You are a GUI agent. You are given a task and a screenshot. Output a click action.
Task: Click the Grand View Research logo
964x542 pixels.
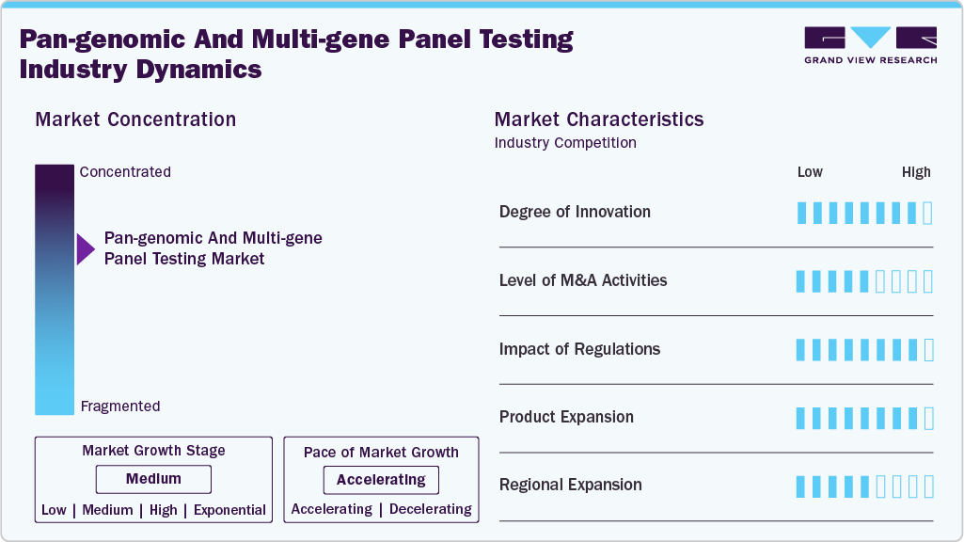pyautogui.click(x=870, y=44)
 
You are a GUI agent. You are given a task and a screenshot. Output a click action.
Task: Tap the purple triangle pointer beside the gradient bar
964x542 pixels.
pyautogui.click(x=86, y=249)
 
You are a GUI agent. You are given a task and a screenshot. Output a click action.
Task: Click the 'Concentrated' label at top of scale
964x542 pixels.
pyautogui.click(x=125, y=172)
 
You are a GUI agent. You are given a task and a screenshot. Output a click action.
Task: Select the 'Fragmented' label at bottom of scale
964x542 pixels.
pyautogui.click(x=120, y=406)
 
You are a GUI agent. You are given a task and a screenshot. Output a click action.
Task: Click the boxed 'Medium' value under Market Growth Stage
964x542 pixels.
pyautogui.click(x=153, y=479)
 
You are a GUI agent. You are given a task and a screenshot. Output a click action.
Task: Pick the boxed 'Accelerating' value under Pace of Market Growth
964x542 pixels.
pyautogui.click(x=381, y=480)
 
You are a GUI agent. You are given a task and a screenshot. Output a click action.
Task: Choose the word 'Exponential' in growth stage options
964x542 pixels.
pyautogui.click(x=229, y=510)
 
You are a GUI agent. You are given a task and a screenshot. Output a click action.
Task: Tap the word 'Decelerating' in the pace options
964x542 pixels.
pyautogui.click(x=430, y=509)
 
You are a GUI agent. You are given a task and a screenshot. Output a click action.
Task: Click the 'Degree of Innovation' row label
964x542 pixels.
pyautogui.click(x=575, y=212)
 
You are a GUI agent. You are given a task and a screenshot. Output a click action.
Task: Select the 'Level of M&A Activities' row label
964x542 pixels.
pyautogui.click(x=583, y=280)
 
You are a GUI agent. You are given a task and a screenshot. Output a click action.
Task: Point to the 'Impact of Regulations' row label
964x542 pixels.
pyautogui.click(x=579, y=349)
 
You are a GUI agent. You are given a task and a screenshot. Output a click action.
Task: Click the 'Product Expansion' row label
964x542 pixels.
pyautogui.click(x=566, y=417)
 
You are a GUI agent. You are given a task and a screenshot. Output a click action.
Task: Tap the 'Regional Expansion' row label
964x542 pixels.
pyautogui.click(x=571, y=485)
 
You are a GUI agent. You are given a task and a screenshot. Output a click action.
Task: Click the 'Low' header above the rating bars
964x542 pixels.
pyautogui.click(x=810, y=172)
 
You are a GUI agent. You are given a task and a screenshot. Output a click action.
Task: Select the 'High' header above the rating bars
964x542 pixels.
pyautogui.click(x=916, y=172)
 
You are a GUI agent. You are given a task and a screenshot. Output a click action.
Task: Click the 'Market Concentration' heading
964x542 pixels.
pyautogui.click(x=135, y=120)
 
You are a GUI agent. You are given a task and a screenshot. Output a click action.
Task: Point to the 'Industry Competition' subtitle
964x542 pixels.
pyautogui.click(x=565, y=143)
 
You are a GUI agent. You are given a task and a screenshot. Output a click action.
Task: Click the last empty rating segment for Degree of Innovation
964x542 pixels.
pyautogui.click(x=928, y=213)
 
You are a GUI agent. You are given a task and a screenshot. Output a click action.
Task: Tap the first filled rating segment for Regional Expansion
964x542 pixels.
pyautogui.click(x=801, y=486)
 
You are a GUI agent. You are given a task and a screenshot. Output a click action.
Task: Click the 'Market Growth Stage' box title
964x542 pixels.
pyautogui.click(x=153, y=451)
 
